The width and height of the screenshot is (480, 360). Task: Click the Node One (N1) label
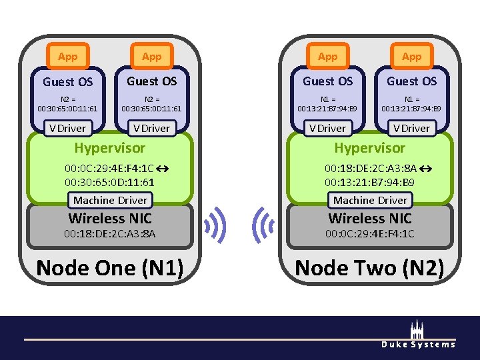tap(109, 268)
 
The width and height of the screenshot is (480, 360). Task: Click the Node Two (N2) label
tap(369, 268)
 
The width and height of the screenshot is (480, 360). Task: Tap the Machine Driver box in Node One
tap(111, 200)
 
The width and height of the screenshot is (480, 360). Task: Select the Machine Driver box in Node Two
tap(370, 200)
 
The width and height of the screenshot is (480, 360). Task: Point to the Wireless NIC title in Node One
tap(110, 218)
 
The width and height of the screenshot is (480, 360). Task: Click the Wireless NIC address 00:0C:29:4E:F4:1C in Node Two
tap(369, 234)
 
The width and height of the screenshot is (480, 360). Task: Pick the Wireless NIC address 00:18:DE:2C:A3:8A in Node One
tap(109, 234)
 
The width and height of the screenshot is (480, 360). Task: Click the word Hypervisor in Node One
tap(109, 148)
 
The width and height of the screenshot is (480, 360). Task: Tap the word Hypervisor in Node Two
tap(369, 148)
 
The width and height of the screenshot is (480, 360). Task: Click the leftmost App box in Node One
tap(67, 57)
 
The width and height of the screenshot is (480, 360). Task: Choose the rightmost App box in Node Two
tap(411, 57)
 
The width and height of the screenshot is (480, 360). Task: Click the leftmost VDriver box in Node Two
tap(327, 128)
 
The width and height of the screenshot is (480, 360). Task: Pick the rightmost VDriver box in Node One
tap(151, 128)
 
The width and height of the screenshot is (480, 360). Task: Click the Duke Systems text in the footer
tap(418, 344)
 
